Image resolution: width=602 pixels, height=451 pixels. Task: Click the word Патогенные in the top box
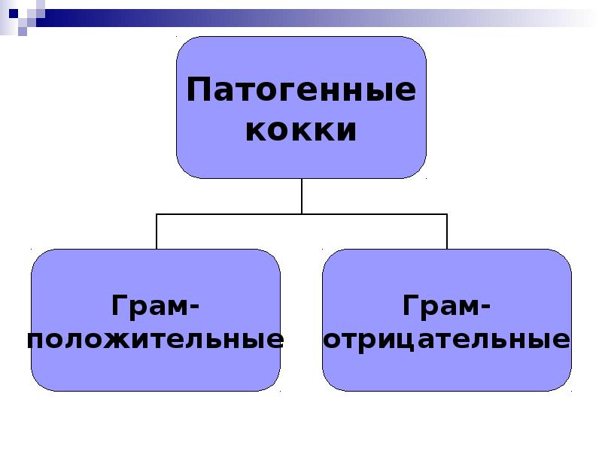(x=301, y=89)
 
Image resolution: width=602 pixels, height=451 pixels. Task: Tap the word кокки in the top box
(x=301, y=130)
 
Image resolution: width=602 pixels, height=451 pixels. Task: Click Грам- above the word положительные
(x=156, y=306)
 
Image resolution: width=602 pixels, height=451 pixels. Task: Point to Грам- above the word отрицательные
(x=446, y=306)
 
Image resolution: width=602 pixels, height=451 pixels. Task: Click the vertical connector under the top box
(x=302, y=196)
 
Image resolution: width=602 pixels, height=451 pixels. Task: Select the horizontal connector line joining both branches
(x=302, y=214)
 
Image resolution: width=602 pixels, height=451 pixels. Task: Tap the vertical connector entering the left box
(x=157, y=232)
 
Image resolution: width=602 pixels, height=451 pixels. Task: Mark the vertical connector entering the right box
(x=447, y=232)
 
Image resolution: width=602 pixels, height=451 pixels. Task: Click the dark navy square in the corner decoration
(x=14, y=14)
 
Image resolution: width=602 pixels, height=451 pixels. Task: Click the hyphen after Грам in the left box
(x=194, y=307)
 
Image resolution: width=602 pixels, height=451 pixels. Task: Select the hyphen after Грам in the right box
(x=485, y=307)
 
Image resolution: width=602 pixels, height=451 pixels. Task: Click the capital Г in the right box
(x=411, y=305)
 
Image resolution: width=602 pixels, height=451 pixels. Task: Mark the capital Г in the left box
(x=120, y=305)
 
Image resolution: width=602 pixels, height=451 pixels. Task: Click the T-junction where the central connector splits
(x=302, y=214)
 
